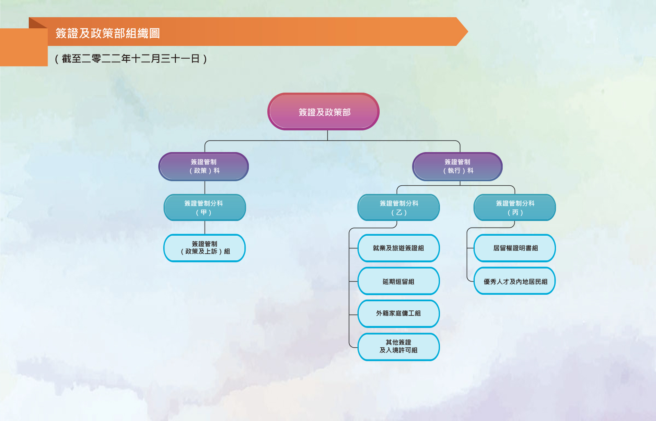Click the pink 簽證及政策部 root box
coord(323,112)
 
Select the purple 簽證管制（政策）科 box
coord(203,166)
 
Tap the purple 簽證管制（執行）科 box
coord(458,166)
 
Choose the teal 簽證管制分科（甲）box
coord(205,207)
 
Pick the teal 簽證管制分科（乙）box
coord(399,207)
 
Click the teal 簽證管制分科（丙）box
coord(515,207)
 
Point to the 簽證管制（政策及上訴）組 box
coord(205,248)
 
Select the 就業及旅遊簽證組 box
coord(399,248)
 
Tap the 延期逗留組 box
coord(399,281)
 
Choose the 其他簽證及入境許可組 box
coord(399,347)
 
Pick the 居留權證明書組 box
coord(515,248)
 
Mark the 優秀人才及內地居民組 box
coord(515,281)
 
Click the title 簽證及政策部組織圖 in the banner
coord(108,33)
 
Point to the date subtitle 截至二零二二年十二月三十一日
coord(131,59)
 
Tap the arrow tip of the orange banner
coord(468,31)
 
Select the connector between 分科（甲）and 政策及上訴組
coord(205,228)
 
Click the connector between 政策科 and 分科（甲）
coord(205,187)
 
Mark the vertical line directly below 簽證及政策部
coord(328,135)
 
